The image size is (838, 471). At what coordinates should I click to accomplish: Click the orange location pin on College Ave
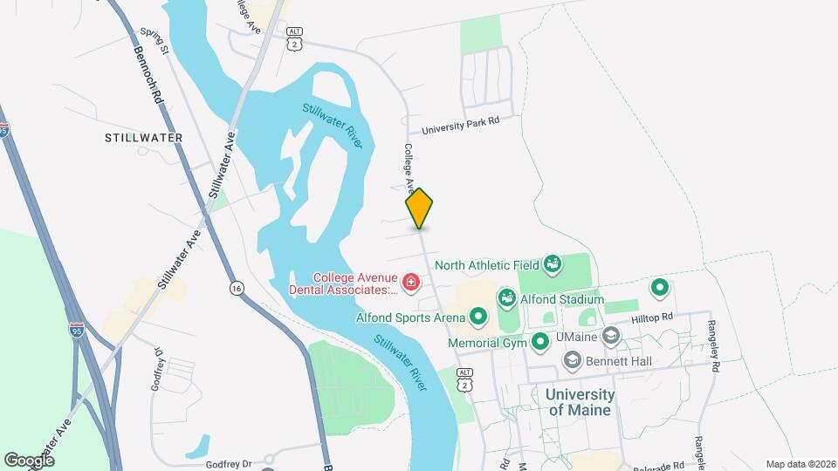tap(419, 208)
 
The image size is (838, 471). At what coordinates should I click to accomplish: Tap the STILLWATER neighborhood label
tap(143, 138)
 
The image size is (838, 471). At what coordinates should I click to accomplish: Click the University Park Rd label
tap(460, 126)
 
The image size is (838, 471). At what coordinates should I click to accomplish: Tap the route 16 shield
tap(237, 287)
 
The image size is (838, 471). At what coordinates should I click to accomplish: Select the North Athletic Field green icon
tap(552, 263)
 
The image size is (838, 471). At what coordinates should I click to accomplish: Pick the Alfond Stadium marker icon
tap(506, 298)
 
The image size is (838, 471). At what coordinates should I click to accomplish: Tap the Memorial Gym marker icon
tap(540, 342)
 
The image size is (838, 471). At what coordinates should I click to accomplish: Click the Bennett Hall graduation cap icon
tap(573, 358)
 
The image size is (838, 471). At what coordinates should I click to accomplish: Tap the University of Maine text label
tap(580, 402)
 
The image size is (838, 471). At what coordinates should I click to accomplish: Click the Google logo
tap(29, 460)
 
